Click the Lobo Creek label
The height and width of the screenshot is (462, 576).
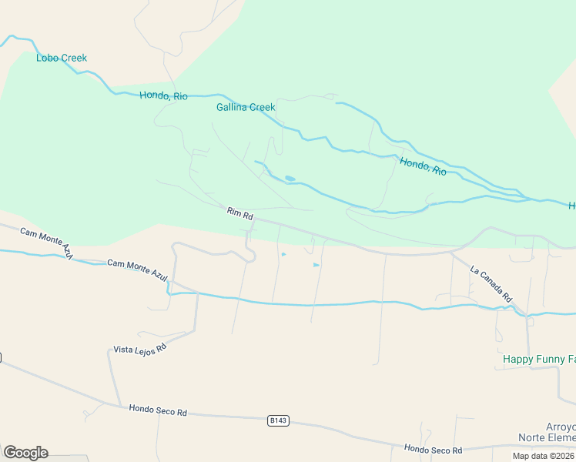pos(62,58)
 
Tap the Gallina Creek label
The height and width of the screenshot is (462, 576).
pos(246,107)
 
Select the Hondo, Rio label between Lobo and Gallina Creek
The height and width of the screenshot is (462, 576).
pos(163,96)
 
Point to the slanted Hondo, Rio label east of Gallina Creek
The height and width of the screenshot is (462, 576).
pos(423,166)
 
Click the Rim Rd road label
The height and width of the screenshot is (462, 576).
pos(240,213)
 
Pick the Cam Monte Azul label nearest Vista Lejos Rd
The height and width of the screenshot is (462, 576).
pos(137,264)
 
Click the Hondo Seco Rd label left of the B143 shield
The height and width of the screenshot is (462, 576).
pos(158,412)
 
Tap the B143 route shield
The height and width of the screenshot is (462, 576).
pos(279,420)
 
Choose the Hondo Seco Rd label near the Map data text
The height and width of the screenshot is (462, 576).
pos(433,450)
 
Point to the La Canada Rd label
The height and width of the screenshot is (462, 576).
pos(491,283)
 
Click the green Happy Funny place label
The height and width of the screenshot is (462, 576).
pos(538,359)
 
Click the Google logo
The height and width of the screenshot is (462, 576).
pos(25,453)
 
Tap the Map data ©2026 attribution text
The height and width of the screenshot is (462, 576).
pos(544,456)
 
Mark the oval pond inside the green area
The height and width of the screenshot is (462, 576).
pos(290,179)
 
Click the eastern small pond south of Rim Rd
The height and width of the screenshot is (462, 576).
pos(316,265)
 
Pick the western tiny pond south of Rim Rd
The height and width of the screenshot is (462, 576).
pos(283,254)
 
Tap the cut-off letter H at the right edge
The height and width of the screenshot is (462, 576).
pos(572,206)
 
